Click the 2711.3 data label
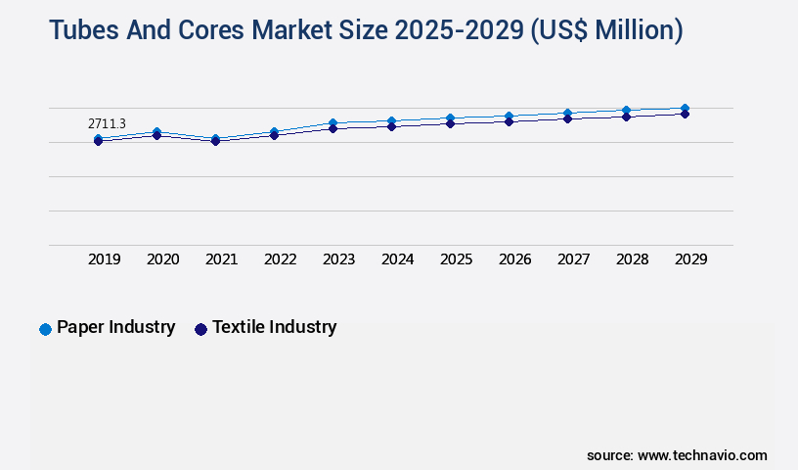(x=107, y=124)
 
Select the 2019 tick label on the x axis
(x=105, y=259)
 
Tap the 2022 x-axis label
(x=281, y=259)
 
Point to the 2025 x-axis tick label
(x=457, y=259)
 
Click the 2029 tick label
(x=691, y=259)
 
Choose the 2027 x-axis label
(x=574, y=259)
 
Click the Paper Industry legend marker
(x=45, y=329)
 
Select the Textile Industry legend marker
(x=201, y=329)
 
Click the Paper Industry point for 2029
(x=685, y=109)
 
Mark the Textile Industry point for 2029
(x=685, y=115)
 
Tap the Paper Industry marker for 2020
(x=156, y=131)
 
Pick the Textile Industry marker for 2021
(x=215, y=141)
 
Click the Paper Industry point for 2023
(x=332, y=122)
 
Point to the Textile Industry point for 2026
(x=509, y=121)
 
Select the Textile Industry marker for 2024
(x=391, y=126)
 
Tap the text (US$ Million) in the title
(x=606, y=31)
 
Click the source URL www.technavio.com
(x=702, y=455)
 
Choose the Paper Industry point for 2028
(x=626, y=111)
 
